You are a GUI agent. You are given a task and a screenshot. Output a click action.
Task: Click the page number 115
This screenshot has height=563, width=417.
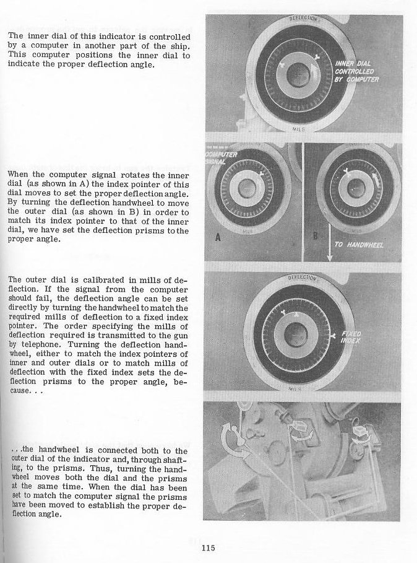click(x=208, y=547)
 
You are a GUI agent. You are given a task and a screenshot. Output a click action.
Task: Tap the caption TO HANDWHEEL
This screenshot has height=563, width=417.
click(x=359, y=245)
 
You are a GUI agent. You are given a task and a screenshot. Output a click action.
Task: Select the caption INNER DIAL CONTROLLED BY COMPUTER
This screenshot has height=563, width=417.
click(x=357, y=72)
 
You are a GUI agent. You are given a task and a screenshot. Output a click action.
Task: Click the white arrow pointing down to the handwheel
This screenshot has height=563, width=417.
click(x=329, y=245)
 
